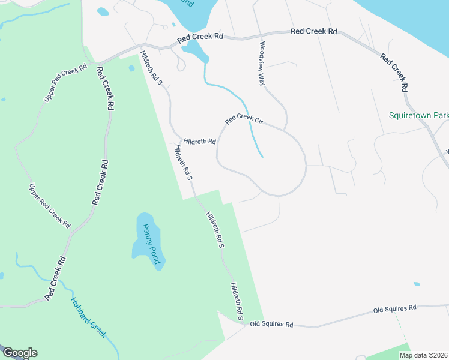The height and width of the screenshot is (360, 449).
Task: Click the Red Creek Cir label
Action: pyautogui.click(x=244, y=120)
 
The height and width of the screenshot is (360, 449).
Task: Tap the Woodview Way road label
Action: pyautogui.click(x=262, y=63)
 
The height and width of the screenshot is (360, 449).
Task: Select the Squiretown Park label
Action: pyautogui.click(x=418, y=115)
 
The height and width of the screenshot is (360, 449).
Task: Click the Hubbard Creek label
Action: pyautogui.click(x=88, y=319)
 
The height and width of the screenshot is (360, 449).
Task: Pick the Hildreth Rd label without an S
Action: pyautogui.click(x=200, y=142)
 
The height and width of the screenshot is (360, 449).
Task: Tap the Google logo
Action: pyautogui.click(x=19, y=353)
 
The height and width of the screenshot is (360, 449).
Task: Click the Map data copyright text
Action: pyautogui.click(x=423, y=355)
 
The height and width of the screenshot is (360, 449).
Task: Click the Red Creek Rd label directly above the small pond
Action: pyautogui.click(x=200, y=37)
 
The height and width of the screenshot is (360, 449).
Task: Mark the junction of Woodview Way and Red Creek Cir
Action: pyautogui.click(x=284, y=128)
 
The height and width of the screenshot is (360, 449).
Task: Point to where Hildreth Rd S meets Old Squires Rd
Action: pyautogui.click(x=247, y=323)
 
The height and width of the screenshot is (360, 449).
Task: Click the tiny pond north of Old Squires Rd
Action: pyautogui.click(x=417, y=284)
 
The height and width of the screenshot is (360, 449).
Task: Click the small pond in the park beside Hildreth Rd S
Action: pyautogui.click(x=131, y=68)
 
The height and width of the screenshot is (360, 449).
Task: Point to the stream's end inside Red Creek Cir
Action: pyautogui.click(x=262, y=157)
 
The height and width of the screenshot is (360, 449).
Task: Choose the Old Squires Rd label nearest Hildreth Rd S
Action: pyautogui.click(x=271, y=325)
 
